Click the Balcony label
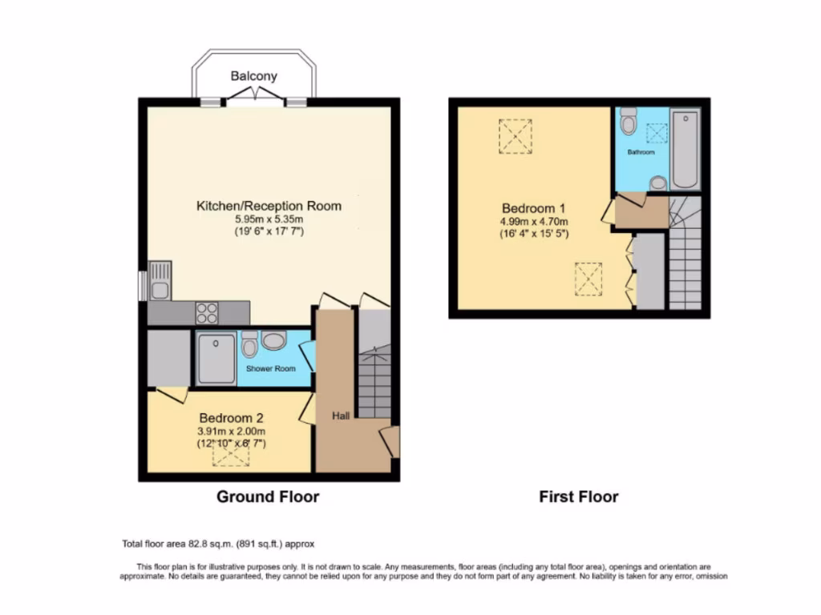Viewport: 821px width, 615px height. (254, 76)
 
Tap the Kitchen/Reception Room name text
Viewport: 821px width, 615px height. (269, 206)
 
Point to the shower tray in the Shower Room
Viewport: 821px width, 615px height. (216, 359)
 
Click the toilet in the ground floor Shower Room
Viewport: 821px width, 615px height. (249, 345)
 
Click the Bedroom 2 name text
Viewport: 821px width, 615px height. (231, 417)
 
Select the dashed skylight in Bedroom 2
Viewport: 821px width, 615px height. (231, 454)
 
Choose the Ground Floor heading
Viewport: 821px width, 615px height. (268, 496)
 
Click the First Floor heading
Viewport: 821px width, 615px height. (578, 496)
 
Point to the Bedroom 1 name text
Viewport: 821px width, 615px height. (535, 206)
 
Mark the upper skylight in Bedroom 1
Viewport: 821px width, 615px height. (515, 135)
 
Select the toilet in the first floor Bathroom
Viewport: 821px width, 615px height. (629, 122)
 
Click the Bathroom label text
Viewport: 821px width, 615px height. (641, 151)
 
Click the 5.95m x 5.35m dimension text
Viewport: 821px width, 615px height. (269, 219)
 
